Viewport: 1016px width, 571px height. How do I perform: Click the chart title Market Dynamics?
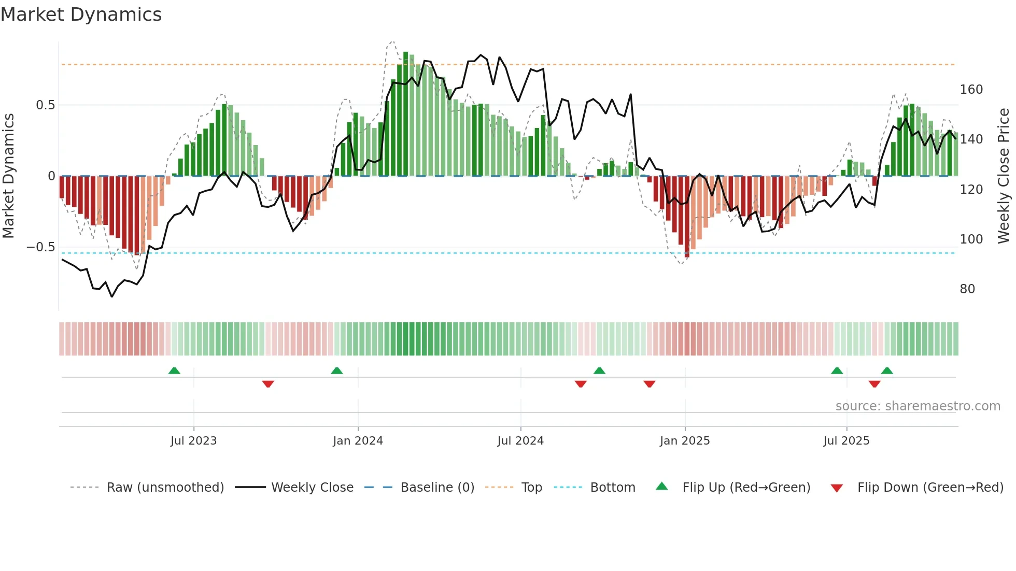tap(81, 15)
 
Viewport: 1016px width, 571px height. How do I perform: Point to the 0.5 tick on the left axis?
tap(46, 105)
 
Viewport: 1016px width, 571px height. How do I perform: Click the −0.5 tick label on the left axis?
tap(41, 247)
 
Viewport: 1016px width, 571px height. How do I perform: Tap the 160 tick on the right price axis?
tap(971, 90)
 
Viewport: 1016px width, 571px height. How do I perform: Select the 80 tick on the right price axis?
tap(967, 289)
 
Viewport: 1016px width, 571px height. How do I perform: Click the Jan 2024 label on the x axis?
tap(358, 441)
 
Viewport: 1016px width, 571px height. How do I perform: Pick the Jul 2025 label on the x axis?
tap(846, 441)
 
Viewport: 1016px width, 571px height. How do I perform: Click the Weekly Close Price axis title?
tap(1004, 176)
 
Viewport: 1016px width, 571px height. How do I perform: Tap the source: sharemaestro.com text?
tap(918, 406)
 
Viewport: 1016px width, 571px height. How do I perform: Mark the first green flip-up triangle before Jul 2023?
tap(174, 370)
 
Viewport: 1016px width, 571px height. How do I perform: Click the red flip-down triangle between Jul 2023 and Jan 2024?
tap(268, 384)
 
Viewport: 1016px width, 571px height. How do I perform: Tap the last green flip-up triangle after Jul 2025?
tap(887, 370)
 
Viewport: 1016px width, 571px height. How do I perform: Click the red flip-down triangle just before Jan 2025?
tap(650, 384)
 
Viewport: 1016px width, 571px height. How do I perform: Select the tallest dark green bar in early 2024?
tap(406, 114)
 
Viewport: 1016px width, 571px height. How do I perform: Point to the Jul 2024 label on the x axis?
tap(520, 441)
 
